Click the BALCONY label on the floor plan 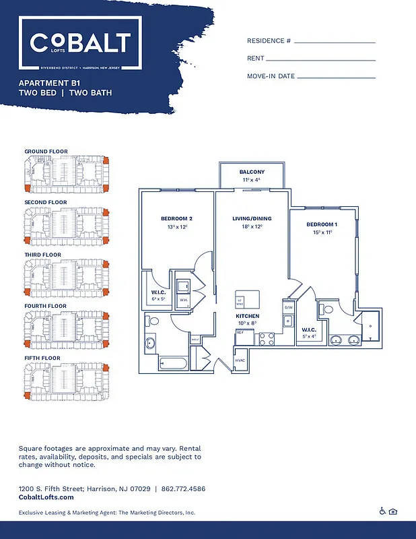[x=252, y=172]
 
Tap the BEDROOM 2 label [x=176, y=218]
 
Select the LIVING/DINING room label [x=252, y=218]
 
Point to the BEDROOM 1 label [x=322, y=224]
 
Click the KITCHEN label [x=247, y=315]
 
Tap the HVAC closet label [x=240, y=360]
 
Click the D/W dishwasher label [x=289, y=307]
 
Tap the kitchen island [x=247, y=299]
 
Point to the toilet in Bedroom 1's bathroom [x=328, y=309]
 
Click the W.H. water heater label [x=182, y=300]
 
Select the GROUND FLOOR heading [x=46, y=151]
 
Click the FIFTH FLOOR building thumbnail [x=66, y=381]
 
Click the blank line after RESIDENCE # [x=335, y=41]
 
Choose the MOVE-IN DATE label [x=271, y=76]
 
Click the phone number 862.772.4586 [x=182, y=488]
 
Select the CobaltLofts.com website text [x=46, y=497]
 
